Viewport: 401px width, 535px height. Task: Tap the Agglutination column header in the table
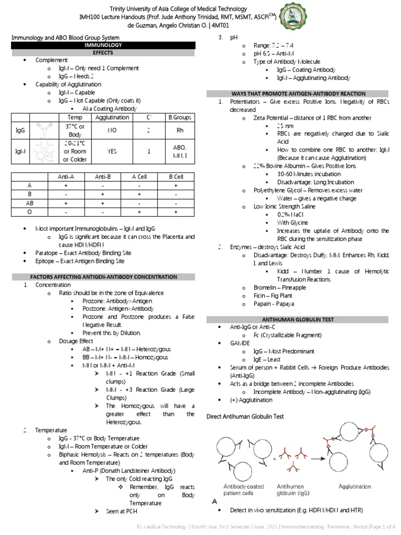pyautogui.click(x=112, y=118)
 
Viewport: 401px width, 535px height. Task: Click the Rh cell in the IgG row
pyautogui.click(x=174, y=131)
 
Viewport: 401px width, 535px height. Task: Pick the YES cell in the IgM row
pyautogui.click(x=112, y=152)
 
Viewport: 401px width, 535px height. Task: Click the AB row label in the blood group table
pyautogui.click(x=29, y=203)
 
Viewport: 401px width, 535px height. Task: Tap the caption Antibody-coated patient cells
pyautogui.click(x=241, y=489)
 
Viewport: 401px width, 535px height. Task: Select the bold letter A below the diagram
pyautogui.click(x=215, y=501)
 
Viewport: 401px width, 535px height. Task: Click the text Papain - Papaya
pyautogui.click(x=271, y=304)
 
